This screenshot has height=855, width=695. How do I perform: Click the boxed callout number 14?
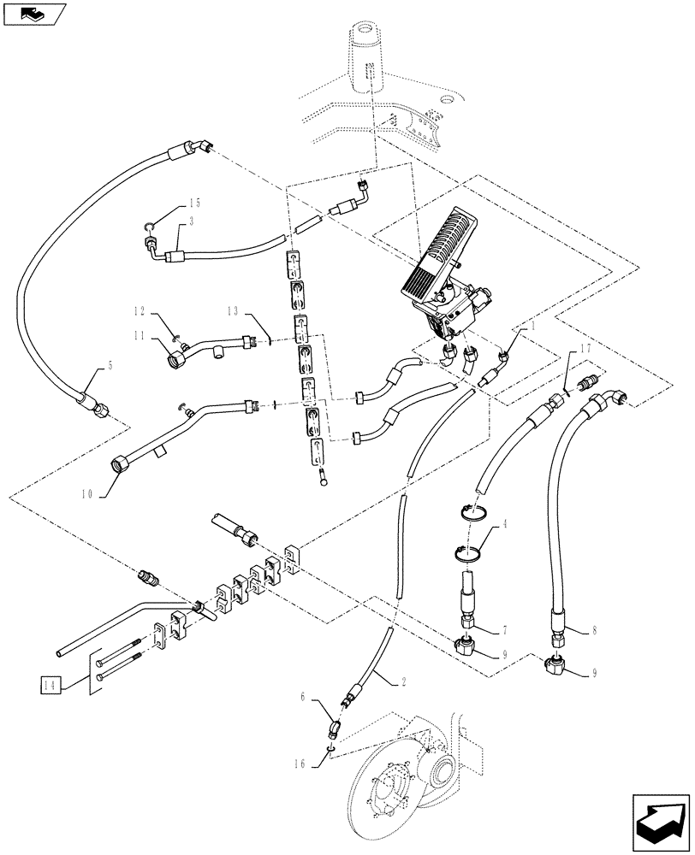[50, 684]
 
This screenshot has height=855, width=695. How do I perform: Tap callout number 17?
[585, 349]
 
